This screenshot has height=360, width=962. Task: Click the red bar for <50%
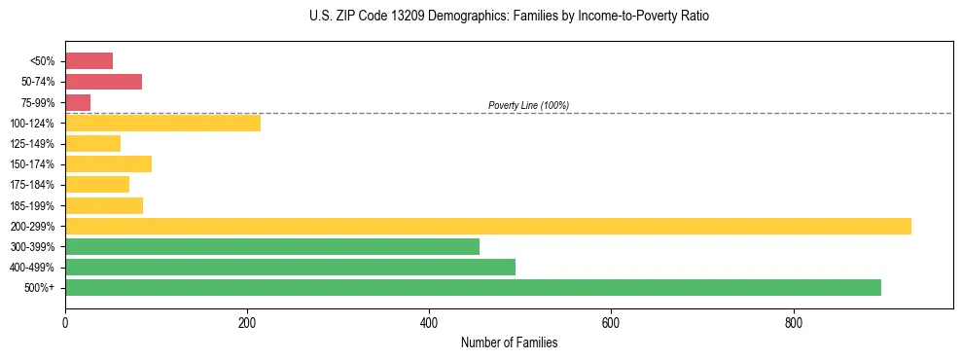tap(89, 61)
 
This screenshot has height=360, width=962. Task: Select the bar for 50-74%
tap(103, 82)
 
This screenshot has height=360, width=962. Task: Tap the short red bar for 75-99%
tap(78, 102)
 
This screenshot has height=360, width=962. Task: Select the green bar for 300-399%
tap(272, 246)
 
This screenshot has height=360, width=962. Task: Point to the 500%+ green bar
tap(473, 287)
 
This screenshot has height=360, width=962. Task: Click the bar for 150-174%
tap(108, 163)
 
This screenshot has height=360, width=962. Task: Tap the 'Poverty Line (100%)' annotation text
tap(528, 105)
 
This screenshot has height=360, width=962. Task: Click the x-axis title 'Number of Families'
tap(509, 342)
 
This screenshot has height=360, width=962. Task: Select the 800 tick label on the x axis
tap(793, 322)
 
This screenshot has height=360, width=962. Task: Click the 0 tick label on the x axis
tap(65, 322)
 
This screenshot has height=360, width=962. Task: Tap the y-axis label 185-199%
tap(32, 205)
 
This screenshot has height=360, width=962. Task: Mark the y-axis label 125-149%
tap(32, 144)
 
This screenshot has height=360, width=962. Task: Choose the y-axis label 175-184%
tap(32, 185)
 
